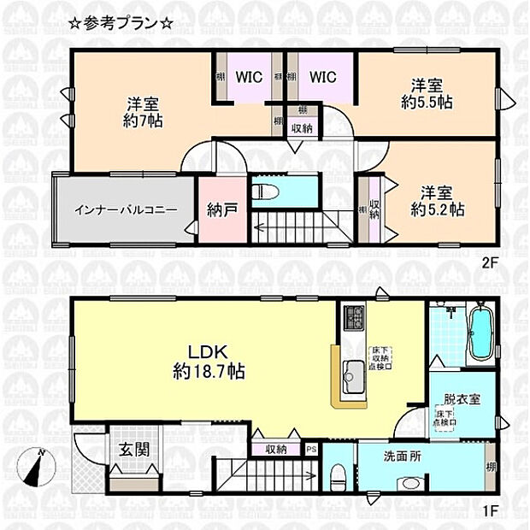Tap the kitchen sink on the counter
coord(353,373)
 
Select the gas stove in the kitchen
coord(354,318)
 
